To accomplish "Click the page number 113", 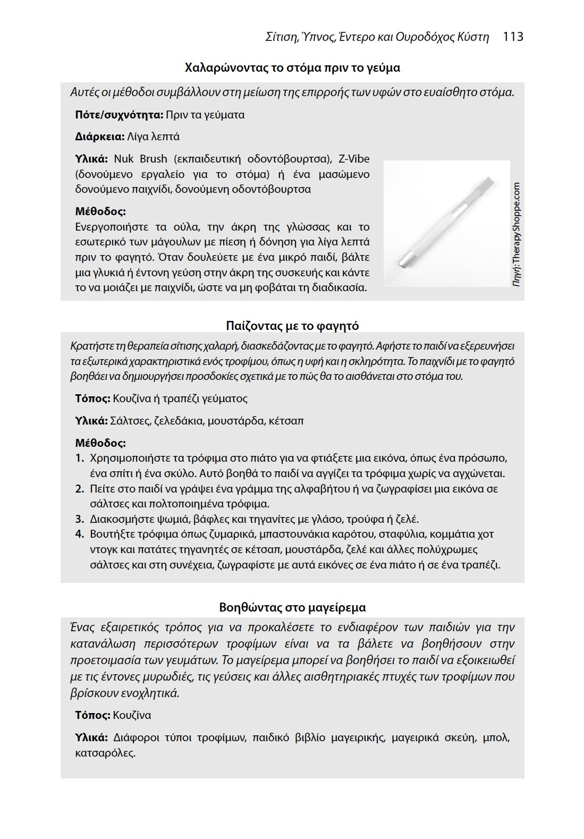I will click(513, 37).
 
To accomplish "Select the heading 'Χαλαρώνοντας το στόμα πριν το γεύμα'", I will click(292, 68).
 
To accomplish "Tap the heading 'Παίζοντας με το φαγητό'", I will click(292, 326).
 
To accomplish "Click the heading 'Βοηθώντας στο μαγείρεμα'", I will click(292, 607).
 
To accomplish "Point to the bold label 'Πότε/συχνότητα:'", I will click(119, 115).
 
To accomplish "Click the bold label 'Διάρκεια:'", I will click(100, 137).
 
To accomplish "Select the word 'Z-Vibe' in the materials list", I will click(354, 159).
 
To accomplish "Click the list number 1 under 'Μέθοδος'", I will click(79, 458).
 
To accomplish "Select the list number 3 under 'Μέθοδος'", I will click(79, 519).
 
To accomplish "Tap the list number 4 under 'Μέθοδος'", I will click(79, 534).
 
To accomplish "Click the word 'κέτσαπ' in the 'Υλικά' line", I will click(286, 421).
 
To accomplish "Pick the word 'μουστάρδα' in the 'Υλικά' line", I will click(236, 421).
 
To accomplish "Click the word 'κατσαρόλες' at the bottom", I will click(105, 753).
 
